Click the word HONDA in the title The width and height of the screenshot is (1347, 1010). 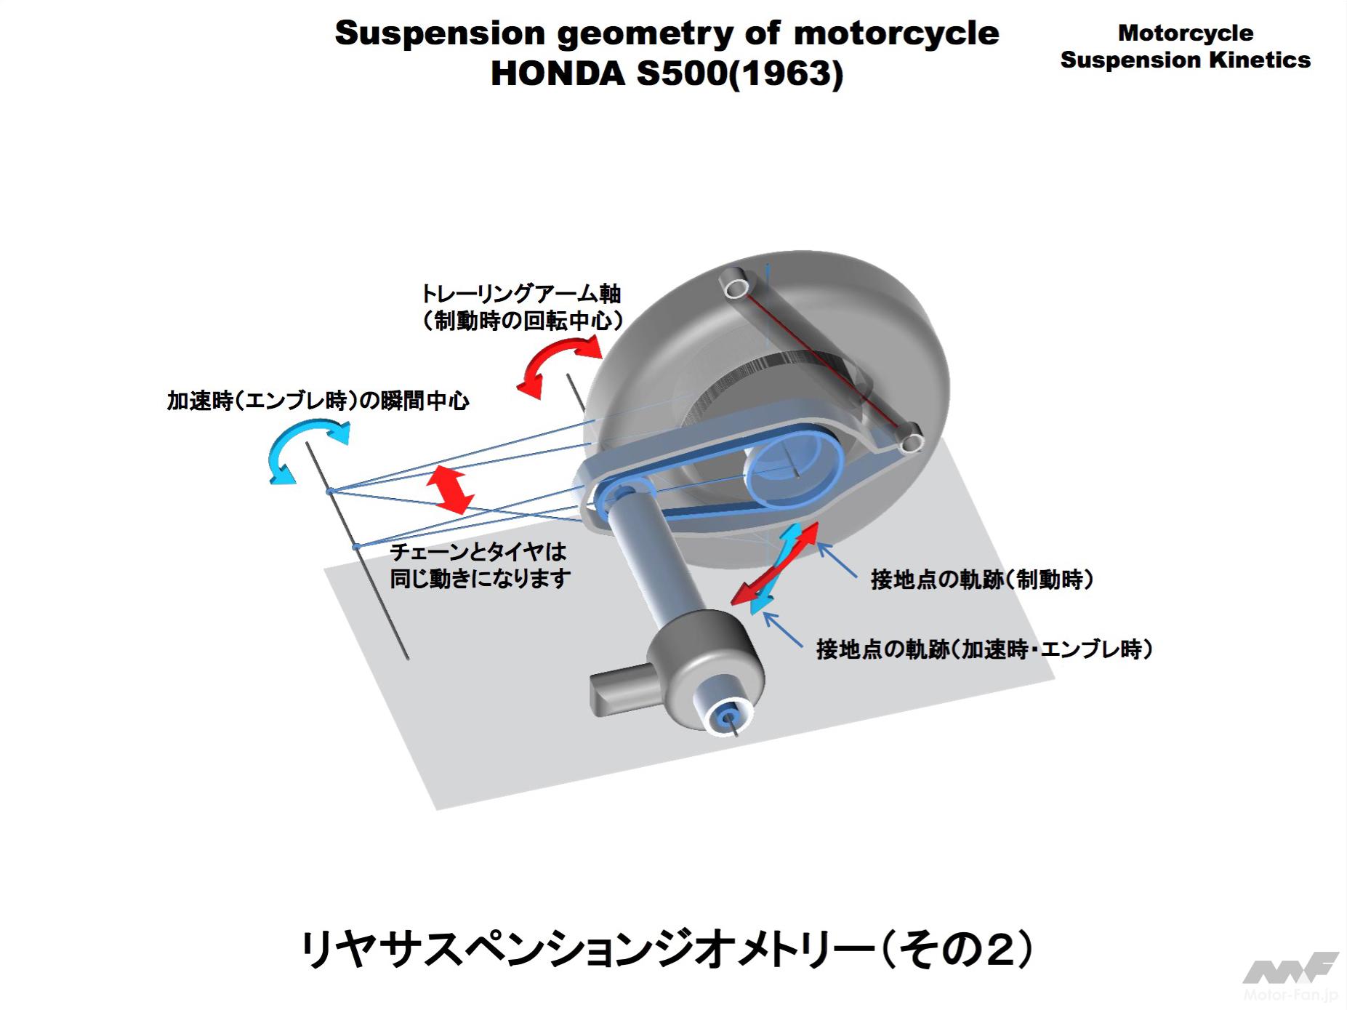558,73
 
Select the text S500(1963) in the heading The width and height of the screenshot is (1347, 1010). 739,73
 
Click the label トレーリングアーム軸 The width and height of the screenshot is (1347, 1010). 520,294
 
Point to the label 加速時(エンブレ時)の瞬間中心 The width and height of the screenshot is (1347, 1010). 318,401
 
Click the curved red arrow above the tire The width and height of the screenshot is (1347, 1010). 559,368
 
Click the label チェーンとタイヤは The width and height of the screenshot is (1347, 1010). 478,552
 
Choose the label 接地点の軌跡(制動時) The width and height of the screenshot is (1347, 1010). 981,580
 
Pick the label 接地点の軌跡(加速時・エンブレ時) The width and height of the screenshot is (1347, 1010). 984,649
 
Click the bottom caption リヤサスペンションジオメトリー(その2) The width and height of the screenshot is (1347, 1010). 666,950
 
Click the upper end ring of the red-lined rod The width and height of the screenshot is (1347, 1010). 736,285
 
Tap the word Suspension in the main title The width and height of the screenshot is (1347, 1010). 440,33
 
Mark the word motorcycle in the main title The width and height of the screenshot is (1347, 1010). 896,33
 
